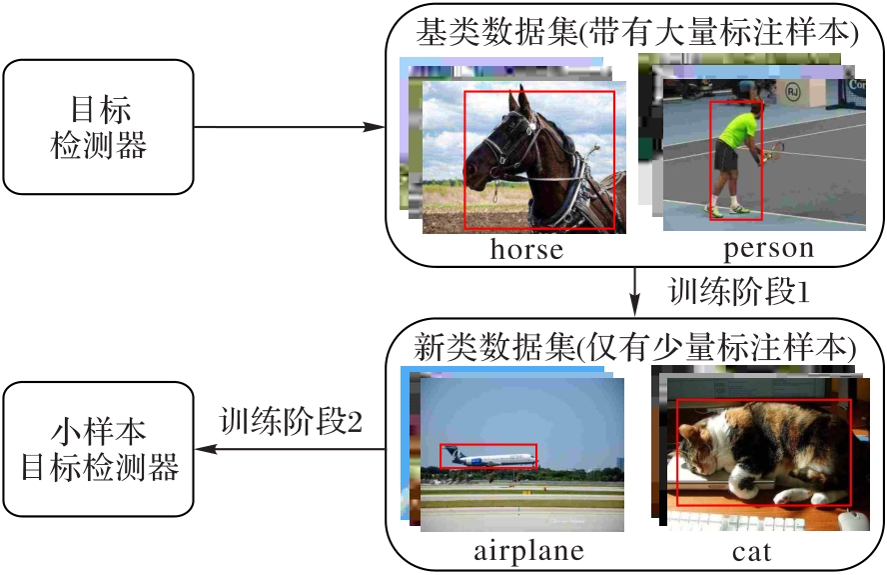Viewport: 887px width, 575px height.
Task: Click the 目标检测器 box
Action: tap(98, 127)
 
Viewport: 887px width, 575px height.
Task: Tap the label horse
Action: tap(526, 249)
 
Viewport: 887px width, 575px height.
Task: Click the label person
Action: tap(768, 247)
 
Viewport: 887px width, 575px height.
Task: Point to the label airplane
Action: tap(528, 551)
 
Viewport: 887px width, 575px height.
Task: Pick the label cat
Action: tap(751, 551)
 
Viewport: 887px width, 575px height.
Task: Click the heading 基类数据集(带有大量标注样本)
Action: tap(636, 34)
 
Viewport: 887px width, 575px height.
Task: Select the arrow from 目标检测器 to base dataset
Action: tap(290, 128)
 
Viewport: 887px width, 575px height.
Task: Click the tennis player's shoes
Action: tap(726, 210)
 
